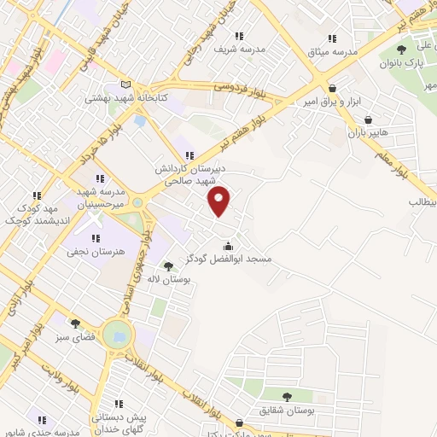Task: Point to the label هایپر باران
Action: point(367,134)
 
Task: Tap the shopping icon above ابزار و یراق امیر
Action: point(331,88)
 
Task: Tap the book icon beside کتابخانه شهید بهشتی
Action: point(126,84)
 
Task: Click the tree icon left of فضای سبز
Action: point(75,323)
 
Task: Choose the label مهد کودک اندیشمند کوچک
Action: point(28,214)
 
